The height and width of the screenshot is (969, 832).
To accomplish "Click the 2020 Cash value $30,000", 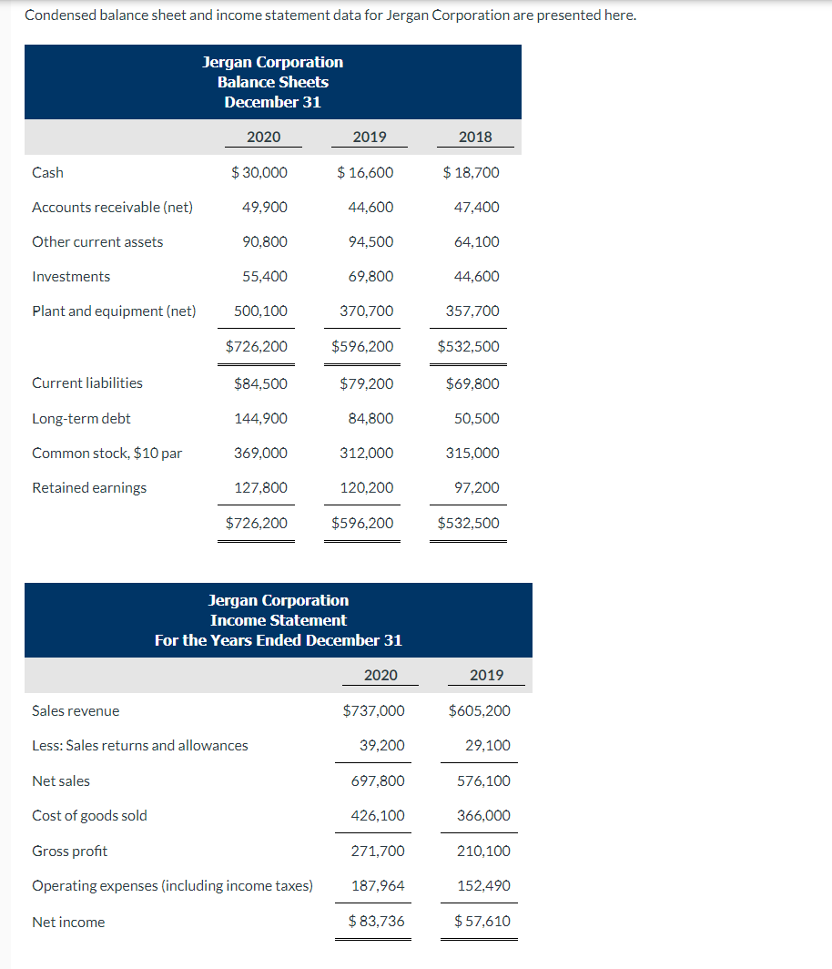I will pyautogui.click(x=259, y=172).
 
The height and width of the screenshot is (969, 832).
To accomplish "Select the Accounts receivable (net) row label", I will pyautogui.click(x=112, y=207).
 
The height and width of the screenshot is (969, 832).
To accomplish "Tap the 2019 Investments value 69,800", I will pyautogui.click(x=370, y=276).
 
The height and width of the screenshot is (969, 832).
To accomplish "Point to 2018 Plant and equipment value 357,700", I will pyautogui.click(x=472, y=311).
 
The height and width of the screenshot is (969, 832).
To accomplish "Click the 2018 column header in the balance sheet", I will pyautogui.click(x=475, y=138).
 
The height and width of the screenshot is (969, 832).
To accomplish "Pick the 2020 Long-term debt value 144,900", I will pyautogui.click(x=260, y=418).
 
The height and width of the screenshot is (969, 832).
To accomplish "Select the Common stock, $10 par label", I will pyautogui.click(x=107, y=453).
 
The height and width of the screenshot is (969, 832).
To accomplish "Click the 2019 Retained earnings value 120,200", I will pyautogui.click(x=367, y=487).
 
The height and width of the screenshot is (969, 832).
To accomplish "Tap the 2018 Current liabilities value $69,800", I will pyautogui.click(x=472, y=383).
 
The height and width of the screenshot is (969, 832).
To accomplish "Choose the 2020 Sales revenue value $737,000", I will pyautogui.click(x=373, y=710).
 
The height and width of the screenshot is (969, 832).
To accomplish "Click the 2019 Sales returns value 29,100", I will pyautogui.click(x=487, y=745).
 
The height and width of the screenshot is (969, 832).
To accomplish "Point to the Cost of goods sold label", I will pyautogui.click(x=89, y=815).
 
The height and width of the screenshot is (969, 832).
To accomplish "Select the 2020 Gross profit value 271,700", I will pyautogui.click(x=378, y=851).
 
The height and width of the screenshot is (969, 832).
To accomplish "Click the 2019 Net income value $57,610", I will pyautogui.click(x=482, y=921).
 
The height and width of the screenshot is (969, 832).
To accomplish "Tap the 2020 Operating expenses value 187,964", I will pyautogui.click(x=378, y=885).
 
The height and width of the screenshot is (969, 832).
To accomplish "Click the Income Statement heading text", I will pyautogui.click(x=278, y=620).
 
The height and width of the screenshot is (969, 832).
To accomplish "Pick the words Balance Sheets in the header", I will pyautogui.click(x=273, y=82).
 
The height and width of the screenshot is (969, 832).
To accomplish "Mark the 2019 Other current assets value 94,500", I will pyautogui.click(x=370, y=241).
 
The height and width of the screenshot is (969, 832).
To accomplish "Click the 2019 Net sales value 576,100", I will pyautogui.click(x=483, y=780).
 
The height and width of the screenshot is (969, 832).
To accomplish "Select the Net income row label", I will pyautogui.click(x=68, y=922).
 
